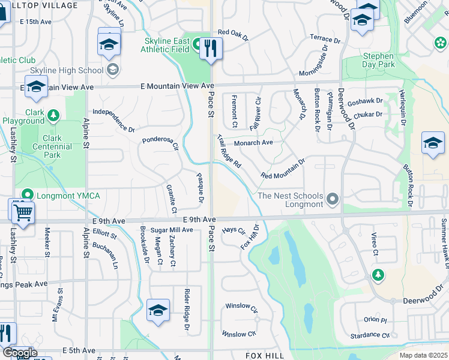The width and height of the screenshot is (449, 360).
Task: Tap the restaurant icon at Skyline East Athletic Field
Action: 210,48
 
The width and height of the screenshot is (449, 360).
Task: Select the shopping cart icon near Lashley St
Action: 22,211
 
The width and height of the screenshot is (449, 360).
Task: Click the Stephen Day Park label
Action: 379,60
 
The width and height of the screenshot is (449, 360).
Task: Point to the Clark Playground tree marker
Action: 53,114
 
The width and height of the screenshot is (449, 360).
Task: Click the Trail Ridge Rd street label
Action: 229,151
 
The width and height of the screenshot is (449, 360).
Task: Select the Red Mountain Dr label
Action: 283,168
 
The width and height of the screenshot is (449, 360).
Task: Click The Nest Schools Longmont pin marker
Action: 334,199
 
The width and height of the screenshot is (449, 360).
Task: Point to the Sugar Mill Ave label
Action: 172,230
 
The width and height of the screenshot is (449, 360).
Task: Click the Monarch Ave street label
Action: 253,143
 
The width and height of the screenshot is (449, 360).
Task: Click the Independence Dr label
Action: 113,120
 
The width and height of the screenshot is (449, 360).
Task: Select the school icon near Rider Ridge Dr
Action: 158,310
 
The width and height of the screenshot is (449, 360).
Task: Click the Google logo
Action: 19,353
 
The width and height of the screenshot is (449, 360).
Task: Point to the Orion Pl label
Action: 375,320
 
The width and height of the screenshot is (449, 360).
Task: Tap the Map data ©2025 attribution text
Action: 423,355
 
